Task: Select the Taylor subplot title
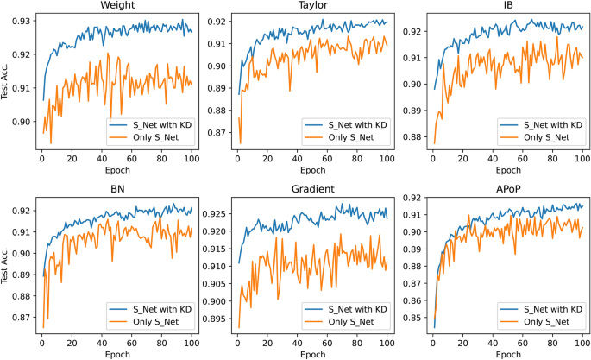(x=311, y=7)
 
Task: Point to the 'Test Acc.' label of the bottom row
(x=6, y=263)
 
